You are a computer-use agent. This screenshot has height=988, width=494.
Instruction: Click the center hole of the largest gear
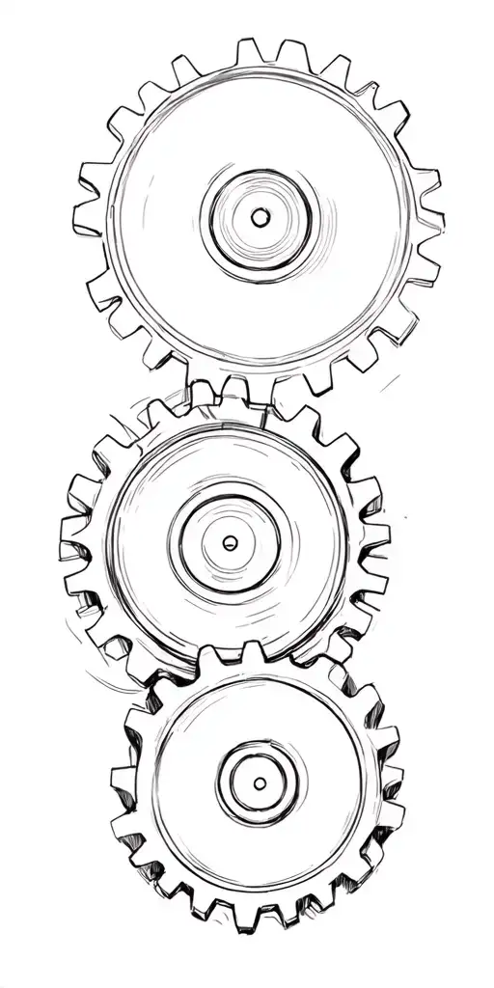coord(260,217)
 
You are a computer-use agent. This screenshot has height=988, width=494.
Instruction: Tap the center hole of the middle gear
coord(230,542)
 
